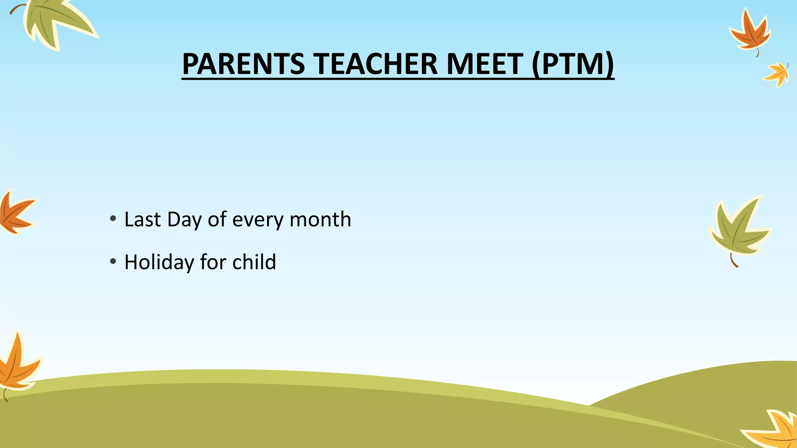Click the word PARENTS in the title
pyautogui.click(x=243, y=64)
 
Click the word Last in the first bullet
pyautogui.click(x=142, y=220)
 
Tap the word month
pyautogui.click(x=320, y=220)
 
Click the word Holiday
pyautogui.click(x=159, y=262)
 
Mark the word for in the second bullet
pyautogui.click(x=213, y=262)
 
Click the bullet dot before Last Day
pyautogui.click(x=113, y=219)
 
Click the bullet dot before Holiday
pyautogui.click(x=113, y=261)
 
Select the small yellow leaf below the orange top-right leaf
pyautogui.click(x=778, y=74)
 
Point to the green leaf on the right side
pyautogui.click(x=737, y=229)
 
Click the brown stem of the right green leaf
pyautogui.click(x=733, y=261)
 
